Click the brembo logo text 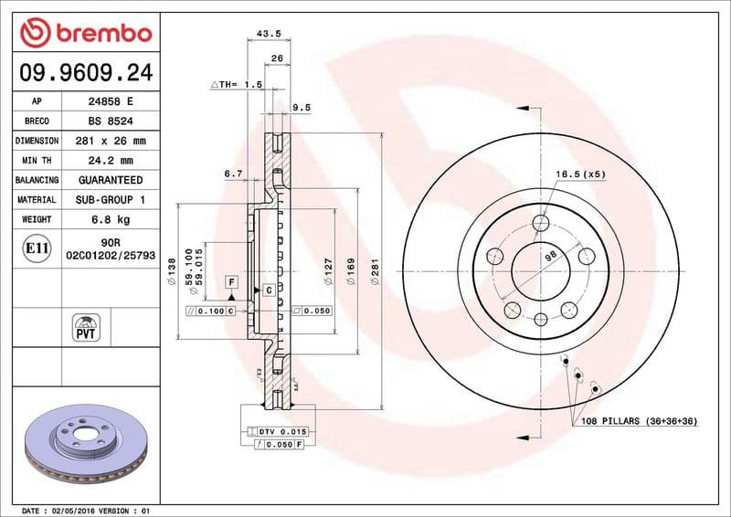tap(99, 35)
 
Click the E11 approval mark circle tap(36, 248)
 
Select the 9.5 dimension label tap(301, 107)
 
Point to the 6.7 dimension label tap(233, 173)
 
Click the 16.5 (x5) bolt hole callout tap(580, 174)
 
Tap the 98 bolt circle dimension tap(550, 257)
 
